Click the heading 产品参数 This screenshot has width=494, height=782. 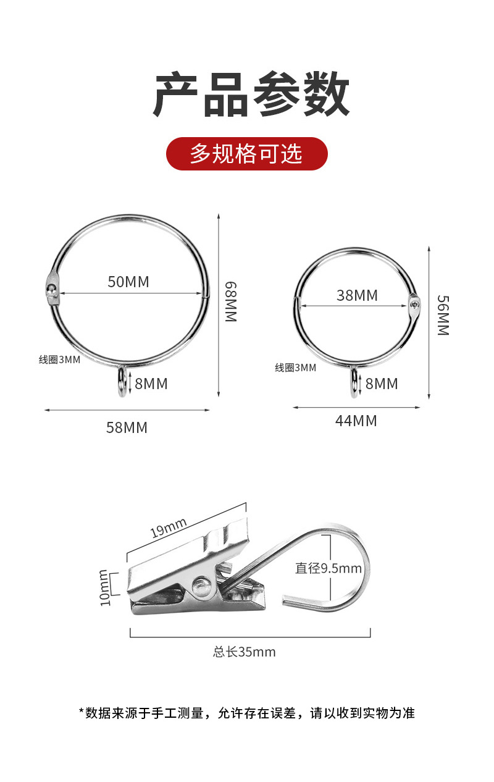tap(251, 95)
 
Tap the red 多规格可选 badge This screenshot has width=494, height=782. tap(246, 154)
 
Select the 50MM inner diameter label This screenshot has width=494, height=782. tap(128, 282)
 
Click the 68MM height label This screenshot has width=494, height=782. tap(230, 301)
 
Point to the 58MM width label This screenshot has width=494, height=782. tap(127, 427)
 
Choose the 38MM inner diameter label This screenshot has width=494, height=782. tap(357, 295)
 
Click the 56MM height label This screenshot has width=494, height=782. tap(442, 315)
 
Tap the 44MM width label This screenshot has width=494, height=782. tap(356, 421)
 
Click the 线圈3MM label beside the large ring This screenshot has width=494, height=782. tap(59, 359)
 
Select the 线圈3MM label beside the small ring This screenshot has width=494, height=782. tap(295, 368)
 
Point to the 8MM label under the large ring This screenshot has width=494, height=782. tap(151, 384)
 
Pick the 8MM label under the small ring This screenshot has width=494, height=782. tap(382, 384)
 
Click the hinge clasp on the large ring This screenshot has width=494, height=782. tap(52, 289)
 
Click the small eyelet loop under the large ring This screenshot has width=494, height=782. tap(122, 382)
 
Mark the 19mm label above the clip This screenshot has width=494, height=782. tap(169, 528)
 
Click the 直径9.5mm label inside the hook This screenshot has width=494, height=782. tap(328, 568)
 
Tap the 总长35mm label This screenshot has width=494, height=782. tap(245, 652)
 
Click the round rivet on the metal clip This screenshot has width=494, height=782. tap(200, 586)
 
